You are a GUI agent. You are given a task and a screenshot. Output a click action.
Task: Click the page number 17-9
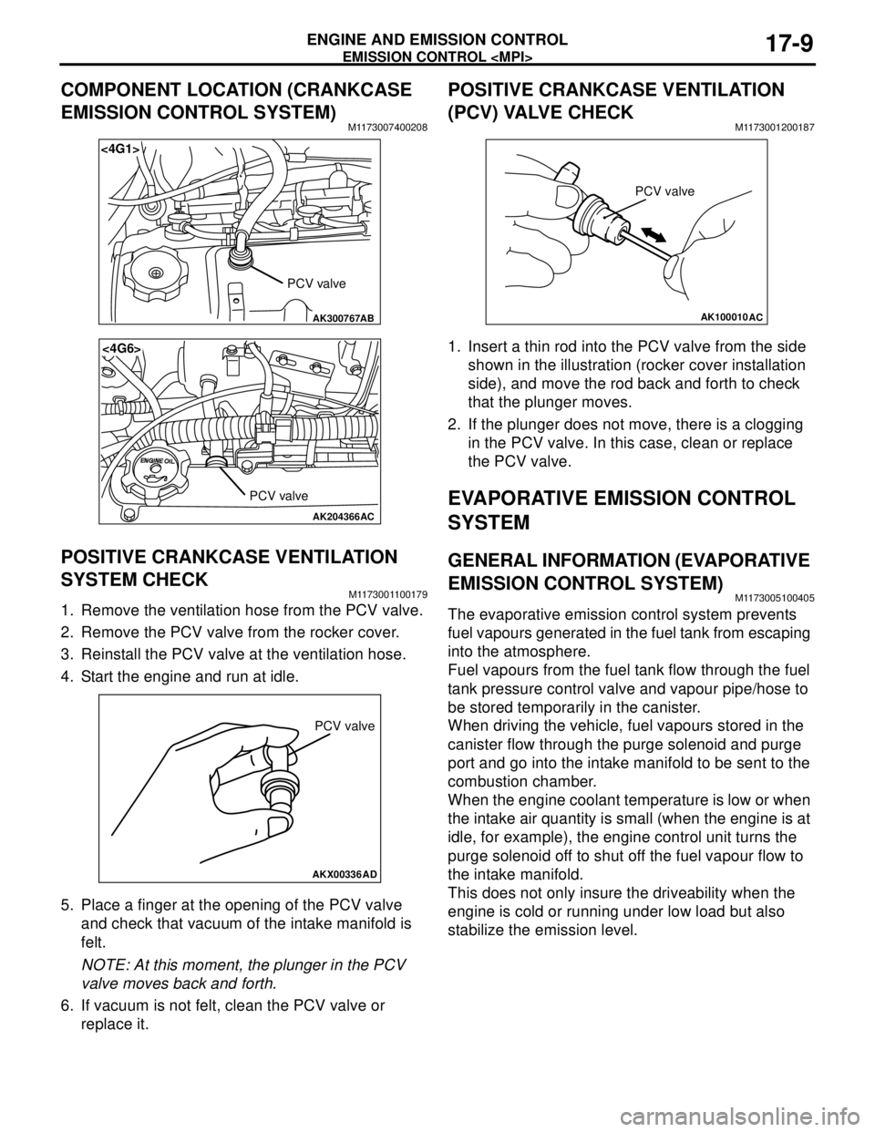point(786,45)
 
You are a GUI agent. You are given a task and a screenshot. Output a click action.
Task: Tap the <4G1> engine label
point(119,149)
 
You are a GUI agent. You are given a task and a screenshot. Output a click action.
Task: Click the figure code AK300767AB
point(344,318)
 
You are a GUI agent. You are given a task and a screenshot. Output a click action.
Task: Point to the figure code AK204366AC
point(344,516)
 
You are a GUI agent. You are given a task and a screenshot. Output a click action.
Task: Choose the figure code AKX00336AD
point(345,875)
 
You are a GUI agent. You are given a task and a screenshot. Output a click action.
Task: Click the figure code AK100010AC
point(731,317)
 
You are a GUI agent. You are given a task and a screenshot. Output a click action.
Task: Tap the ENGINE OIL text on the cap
point(157,461)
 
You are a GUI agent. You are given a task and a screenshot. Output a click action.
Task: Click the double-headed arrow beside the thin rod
point(654,235)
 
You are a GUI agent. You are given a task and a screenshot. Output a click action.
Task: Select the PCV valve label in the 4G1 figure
point(316,283)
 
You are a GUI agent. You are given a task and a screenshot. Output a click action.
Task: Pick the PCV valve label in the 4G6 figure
point(279,496)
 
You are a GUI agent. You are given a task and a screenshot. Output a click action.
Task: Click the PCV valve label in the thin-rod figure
point(664,191)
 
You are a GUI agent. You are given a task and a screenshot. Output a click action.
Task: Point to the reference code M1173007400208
point(387,129)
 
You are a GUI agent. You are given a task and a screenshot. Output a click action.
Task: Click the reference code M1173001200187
point(775,129)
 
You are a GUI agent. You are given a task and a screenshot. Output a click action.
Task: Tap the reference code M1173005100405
point(775,598)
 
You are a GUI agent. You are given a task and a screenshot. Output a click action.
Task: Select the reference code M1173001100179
point(388,594)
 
